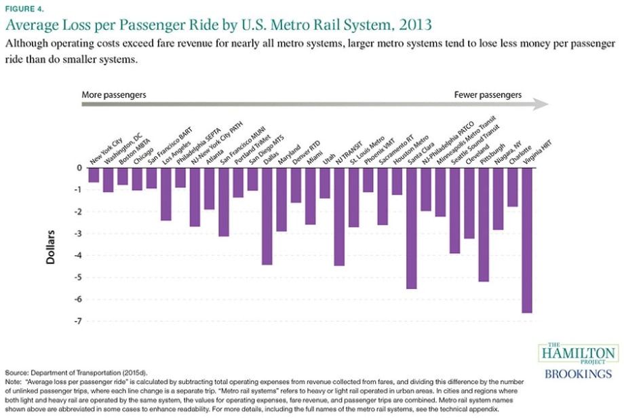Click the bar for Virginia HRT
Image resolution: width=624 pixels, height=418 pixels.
pos(527,240)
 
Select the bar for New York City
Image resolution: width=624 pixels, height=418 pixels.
pos(94,175)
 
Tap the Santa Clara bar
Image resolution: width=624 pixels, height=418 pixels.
pos(412,228)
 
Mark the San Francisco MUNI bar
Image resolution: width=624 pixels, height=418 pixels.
pos(238,183)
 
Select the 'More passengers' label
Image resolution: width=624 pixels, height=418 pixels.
pos(114,95)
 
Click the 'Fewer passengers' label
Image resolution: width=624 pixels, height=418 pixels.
pos(488,95)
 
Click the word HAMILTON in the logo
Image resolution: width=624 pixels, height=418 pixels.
pos(577,354)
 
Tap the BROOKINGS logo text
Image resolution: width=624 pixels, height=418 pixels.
pos(578,374)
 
